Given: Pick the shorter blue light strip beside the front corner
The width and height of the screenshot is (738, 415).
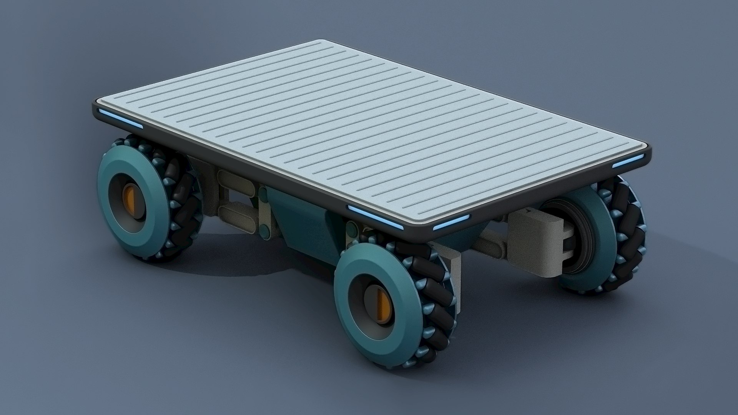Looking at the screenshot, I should [x=452, y=224].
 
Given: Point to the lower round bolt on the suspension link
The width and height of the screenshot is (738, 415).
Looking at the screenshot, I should [x=264, y=231].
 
